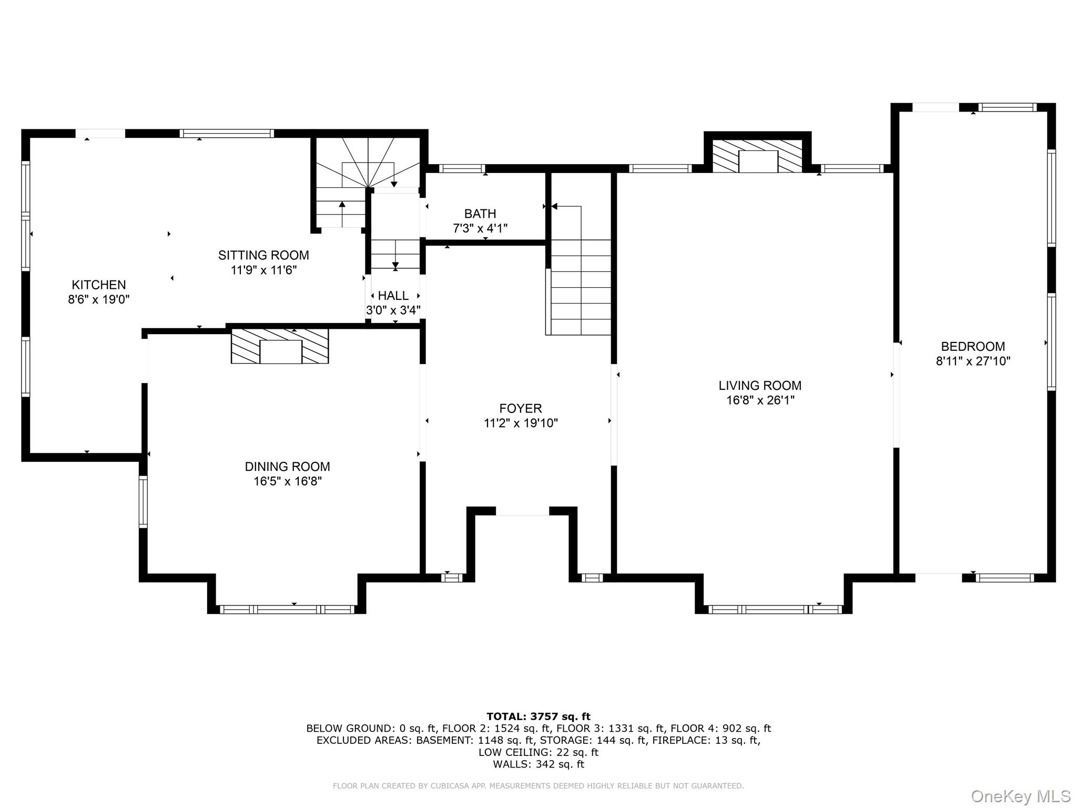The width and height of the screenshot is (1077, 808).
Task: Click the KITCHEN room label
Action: tap(98, 285)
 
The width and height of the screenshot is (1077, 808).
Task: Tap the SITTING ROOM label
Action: tap(263, 255)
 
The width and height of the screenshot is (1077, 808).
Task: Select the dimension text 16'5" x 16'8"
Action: tap(287, 481)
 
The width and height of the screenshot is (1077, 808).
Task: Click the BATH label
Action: tap(480, 214)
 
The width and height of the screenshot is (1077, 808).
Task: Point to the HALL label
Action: tap(393, 296)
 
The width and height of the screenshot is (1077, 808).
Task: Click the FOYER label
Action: tap(520, 408)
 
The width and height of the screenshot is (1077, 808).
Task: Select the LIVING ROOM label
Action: tap(760, 385)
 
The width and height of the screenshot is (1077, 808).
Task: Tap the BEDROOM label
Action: tap(972, 346)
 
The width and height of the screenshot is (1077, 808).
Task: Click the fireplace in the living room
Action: tap(757, 156)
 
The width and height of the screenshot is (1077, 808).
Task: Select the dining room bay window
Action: tap(287, 610)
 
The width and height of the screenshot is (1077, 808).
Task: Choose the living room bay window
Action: tap(775, 610)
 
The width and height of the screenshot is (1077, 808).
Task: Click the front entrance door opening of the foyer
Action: tap(522, 511)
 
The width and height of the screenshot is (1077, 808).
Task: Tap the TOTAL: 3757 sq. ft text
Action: tap(538, 716)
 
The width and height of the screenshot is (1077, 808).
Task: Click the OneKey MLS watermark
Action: tap(1020, 796)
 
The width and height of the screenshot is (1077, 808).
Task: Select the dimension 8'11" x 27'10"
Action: tap(972, 361)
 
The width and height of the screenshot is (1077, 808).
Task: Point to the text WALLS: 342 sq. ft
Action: tap(538, 764)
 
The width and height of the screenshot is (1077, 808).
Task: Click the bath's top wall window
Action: tap(462, 168)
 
